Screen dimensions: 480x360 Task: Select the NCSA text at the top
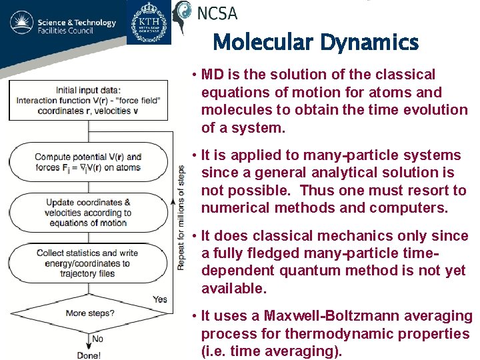(217, 11)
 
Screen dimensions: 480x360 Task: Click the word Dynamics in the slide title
(369, 43)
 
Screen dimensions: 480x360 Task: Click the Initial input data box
(88, 101)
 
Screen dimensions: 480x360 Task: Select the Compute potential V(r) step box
(88, 163)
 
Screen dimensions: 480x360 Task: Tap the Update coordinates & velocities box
(88, 212)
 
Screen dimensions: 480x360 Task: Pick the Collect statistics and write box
(88, 263)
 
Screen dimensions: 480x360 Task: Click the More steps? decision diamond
(90, 313)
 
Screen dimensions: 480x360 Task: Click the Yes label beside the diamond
(160, 299)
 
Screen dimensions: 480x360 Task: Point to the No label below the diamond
(97, 339)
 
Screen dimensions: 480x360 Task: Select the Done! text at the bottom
(89, 355)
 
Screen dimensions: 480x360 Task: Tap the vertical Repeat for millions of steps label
(181, 217)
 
